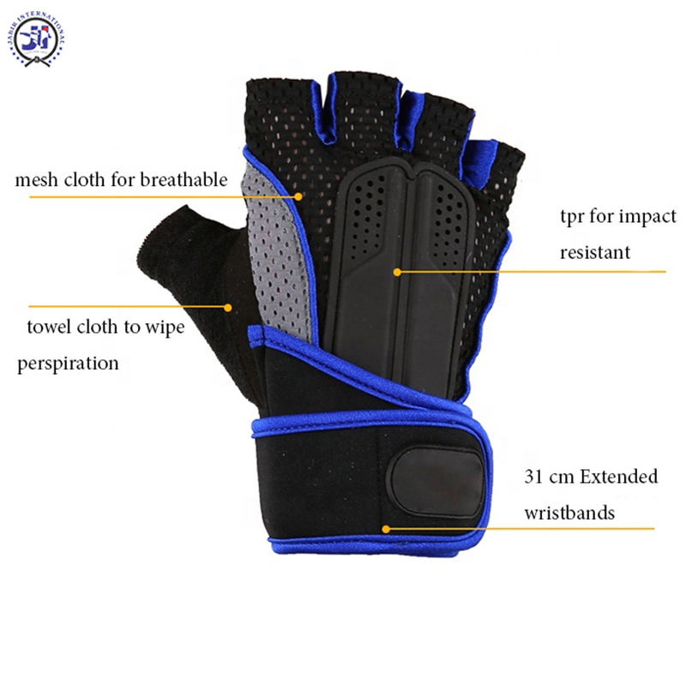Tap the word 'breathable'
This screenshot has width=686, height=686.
[185, 180]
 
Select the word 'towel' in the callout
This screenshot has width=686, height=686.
[49, 328]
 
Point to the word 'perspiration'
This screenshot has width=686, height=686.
[68, 364]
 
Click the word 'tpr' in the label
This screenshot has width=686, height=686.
[574, 217]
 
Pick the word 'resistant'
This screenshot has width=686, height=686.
[595, 253]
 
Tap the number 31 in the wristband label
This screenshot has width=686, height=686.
[533, 477]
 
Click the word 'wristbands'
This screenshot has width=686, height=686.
[569, 513]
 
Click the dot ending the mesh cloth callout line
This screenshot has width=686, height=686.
[299, 196]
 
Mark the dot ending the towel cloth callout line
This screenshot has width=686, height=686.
[228, 306]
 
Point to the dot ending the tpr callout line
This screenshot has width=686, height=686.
[397, 272]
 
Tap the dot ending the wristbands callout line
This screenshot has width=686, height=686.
[386, 530]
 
